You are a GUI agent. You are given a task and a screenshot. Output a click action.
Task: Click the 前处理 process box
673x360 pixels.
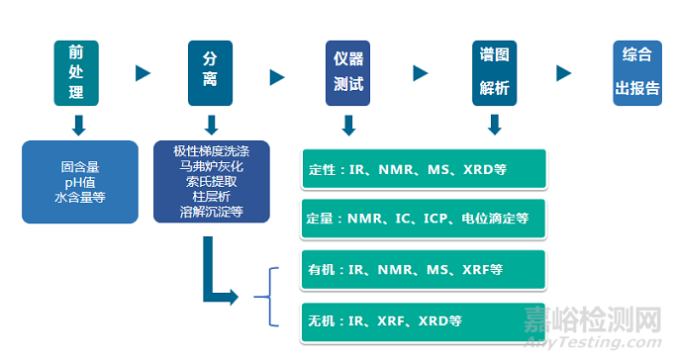(76, 73)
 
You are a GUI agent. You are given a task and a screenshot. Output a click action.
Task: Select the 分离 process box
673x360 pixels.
(211, 73)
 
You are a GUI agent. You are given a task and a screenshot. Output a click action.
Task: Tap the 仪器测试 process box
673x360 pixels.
(347, 73)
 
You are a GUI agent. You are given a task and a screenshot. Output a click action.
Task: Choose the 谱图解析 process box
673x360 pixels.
(494, 73)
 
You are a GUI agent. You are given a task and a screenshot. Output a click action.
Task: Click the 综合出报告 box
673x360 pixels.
(637, 73)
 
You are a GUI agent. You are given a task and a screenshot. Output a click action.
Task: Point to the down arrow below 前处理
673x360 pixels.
(78, 125)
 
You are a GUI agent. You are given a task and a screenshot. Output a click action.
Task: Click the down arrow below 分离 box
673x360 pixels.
(211, 125)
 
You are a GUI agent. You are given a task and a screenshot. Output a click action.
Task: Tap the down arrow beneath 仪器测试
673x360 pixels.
(347, 125)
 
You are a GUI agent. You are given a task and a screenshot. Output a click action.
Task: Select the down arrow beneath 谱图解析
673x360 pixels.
(494, 125)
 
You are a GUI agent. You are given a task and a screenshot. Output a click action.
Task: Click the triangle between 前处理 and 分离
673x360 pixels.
(143, 73)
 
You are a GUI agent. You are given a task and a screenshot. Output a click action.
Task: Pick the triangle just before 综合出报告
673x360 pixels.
(564, 73)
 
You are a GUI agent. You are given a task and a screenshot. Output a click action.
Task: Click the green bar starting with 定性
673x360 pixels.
(423, 169)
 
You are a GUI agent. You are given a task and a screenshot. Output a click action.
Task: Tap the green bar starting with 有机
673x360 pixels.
(423, 269)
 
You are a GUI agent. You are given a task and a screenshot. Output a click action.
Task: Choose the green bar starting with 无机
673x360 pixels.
(423, 320)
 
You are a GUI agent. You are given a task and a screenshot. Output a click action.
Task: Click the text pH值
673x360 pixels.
(80, 183)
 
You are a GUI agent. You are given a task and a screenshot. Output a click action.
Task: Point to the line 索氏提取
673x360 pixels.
(211, 183)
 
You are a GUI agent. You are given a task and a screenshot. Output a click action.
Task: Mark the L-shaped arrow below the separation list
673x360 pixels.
(214, 272)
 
